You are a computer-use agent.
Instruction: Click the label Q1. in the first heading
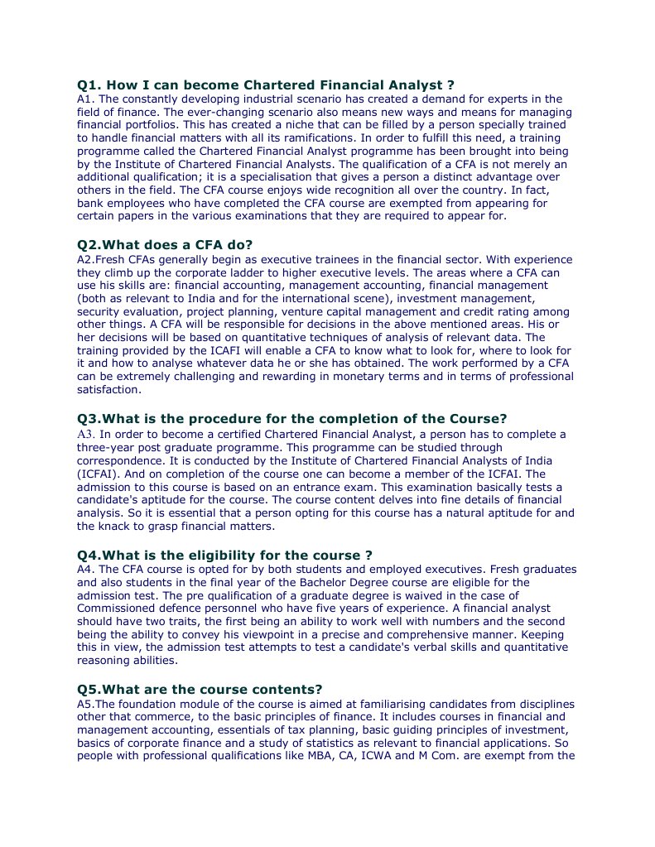(89, 84)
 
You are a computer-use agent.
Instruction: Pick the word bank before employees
(92, 203)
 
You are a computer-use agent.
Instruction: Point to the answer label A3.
(87, 434)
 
